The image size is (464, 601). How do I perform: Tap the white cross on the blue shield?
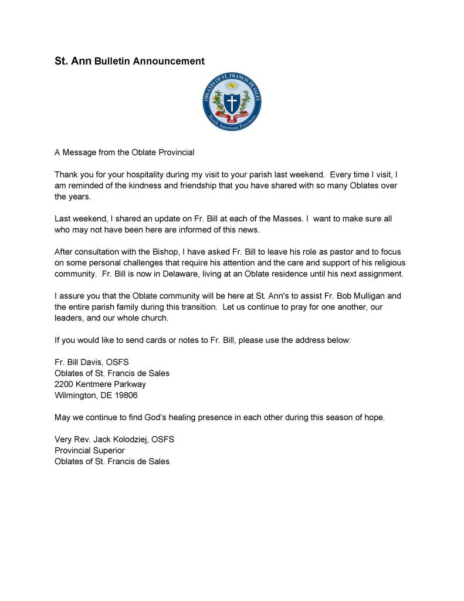231,103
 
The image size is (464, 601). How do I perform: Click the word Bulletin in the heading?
113,60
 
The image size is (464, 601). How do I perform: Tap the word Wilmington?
76,395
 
